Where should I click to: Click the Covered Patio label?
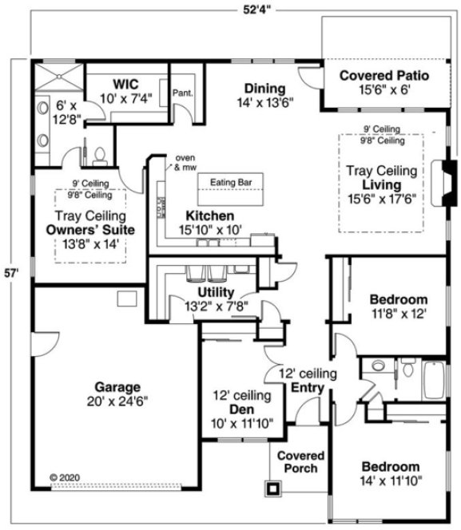pyautogui.click(x=384, y=76)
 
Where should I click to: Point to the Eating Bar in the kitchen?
pyautogui.click(x=231, y=183)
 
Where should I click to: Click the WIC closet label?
pyautogui.click(x=127, y=84)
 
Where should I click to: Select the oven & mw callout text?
pyautogui.click(x=186, y=163)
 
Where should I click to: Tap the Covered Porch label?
pyautogui.click(x=297, y=461)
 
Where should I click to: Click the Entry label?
pyautogui.click(x=307, y=388)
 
